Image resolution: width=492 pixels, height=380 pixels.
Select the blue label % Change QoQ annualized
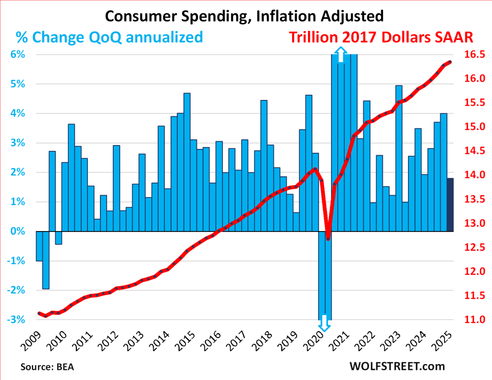coord(109,37)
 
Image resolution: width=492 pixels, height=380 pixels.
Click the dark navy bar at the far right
coord(450,205)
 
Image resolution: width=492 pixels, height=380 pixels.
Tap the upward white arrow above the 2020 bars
coord(341,55)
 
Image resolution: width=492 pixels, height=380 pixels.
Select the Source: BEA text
coord(47,367)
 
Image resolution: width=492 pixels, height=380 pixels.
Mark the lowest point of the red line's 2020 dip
coord(328,239)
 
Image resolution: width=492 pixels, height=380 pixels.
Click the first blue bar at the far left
coord(39,246)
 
